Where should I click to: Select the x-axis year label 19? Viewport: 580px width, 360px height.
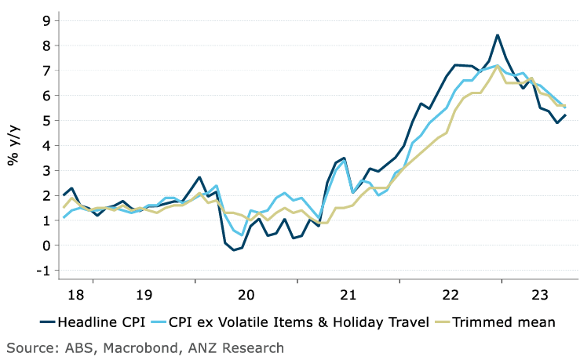(144, 295)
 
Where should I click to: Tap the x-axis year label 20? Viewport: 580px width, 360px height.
(246, 295)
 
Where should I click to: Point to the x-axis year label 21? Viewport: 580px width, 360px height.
(348, 295)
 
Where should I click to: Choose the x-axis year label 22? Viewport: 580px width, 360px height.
(450, 295)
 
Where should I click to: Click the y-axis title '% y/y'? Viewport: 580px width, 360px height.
(14, 146)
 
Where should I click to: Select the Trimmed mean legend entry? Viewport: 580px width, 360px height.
(502, 322)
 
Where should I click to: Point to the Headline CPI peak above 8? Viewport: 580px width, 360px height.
(498, 35)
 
